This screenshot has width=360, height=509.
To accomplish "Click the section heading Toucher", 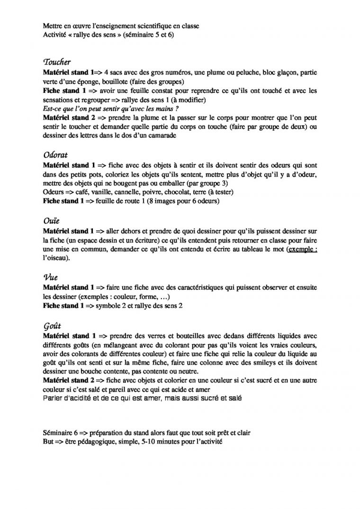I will pyautogui.click(x=57, y=63).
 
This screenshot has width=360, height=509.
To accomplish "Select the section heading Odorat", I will pyautogui.click(x=55, y=154).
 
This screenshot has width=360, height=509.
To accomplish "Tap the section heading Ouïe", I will pyautogui.click(x=51, y=221).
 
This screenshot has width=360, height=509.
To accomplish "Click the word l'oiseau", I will pyautogui.click(x=54, y=258).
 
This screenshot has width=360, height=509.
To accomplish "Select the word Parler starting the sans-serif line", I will pyautogui.click(x=52, y=398).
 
